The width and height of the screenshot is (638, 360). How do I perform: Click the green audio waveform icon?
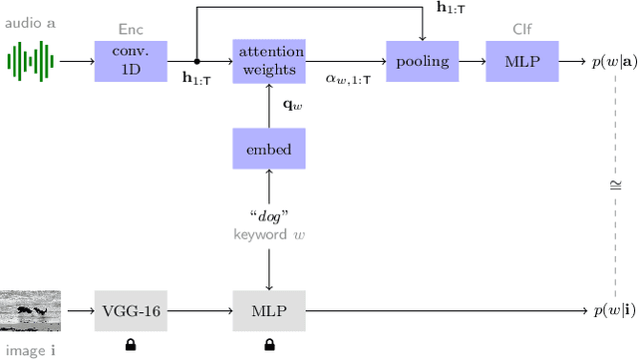tap(29, 61)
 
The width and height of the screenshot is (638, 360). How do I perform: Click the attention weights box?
tap(268, 61)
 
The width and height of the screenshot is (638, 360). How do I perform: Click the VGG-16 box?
tap(130, 311)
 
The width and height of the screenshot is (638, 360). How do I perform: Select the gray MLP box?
tap(268, 311)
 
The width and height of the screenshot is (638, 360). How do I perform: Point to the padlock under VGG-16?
tap(130, 345)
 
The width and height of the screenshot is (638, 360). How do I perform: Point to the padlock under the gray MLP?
tap(268, 345)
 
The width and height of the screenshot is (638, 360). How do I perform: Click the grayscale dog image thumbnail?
tap(30, 311)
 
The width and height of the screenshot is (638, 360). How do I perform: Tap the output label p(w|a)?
tap(608, 62)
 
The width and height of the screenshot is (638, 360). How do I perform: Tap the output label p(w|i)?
tap(608, 311)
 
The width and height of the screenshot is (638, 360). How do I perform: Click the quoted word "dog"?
tap(268, 215)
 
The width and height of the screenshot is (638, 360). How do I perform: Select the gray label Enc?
tap(130, 30)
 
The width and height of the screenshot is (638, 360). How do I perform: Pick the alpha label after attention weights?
tap(348, 78)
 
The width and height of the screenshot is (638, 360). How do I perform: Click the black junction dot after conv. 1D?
tap(197, 61)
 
